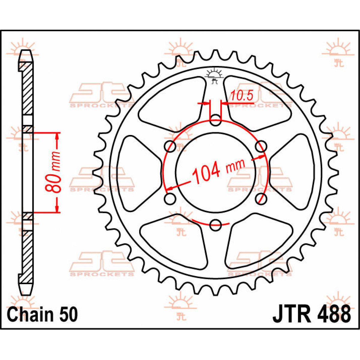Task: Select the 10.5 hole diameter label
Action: tap(242, 96)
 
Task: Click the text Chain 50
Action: tap(42, 315)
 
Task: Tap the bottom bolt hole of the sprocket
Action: tap(215, 225)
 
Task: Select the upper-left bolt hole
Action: tap(170, 147)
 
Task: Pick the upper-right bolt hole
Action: tap(261, 147)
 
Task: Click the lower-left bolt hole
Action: tap(170, 199)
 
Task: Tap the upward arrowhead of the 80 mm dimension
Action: tap(57, 137)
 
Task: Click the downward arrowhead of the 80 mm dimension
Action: tap(57, 208)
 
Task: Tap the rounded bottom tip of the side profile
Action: tap(26, 292)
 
